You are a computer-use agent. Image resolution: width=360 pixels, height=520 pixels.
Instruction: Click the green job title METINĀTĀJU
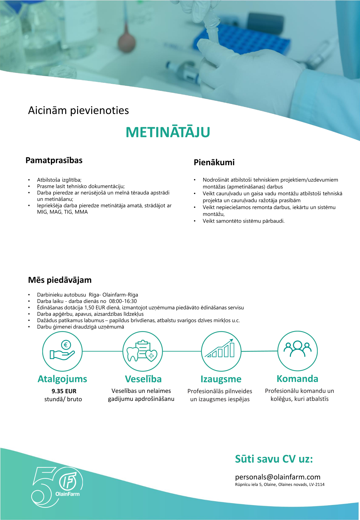[168, 132]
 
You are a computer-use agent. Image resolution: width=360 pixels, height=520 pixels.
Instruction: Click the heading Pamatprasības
[54, 160]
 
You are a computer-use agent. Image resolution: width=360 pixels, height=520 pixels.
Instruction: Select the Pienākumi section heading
[214, 162]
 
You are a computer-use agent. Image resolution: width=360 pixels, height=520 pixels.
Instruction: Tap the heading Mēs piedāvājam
[60, 280]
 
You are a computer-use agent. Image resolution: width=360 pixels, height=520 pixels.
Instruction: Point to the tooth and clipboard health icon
[142, 351]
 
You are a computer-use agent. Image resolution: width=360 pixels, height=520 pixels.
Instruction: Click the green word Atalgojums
[62, 379]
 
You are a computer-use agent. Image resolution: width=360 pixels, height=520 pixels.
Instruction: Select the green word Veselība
[143, 379]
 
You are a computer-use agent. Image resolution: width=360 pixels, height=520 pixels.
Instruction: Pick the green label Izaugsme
[221, 379]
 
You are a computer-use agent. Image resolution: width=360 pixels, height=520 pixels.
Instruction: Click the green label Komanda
[297, 378]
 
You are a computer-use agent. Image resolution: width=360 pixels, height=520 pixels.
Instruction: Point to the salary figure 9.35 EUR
[64, 391]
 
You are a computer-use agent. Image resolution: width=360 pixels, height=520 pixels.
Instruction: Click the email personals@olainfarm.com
[278, 477]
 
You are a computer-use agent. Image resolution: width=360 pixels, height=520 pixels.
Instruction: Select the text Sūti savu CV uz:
[274, 459]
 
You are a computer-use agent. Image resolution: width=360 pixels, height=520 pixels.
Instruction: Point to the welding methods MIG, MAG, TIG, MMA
[62, 212]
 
